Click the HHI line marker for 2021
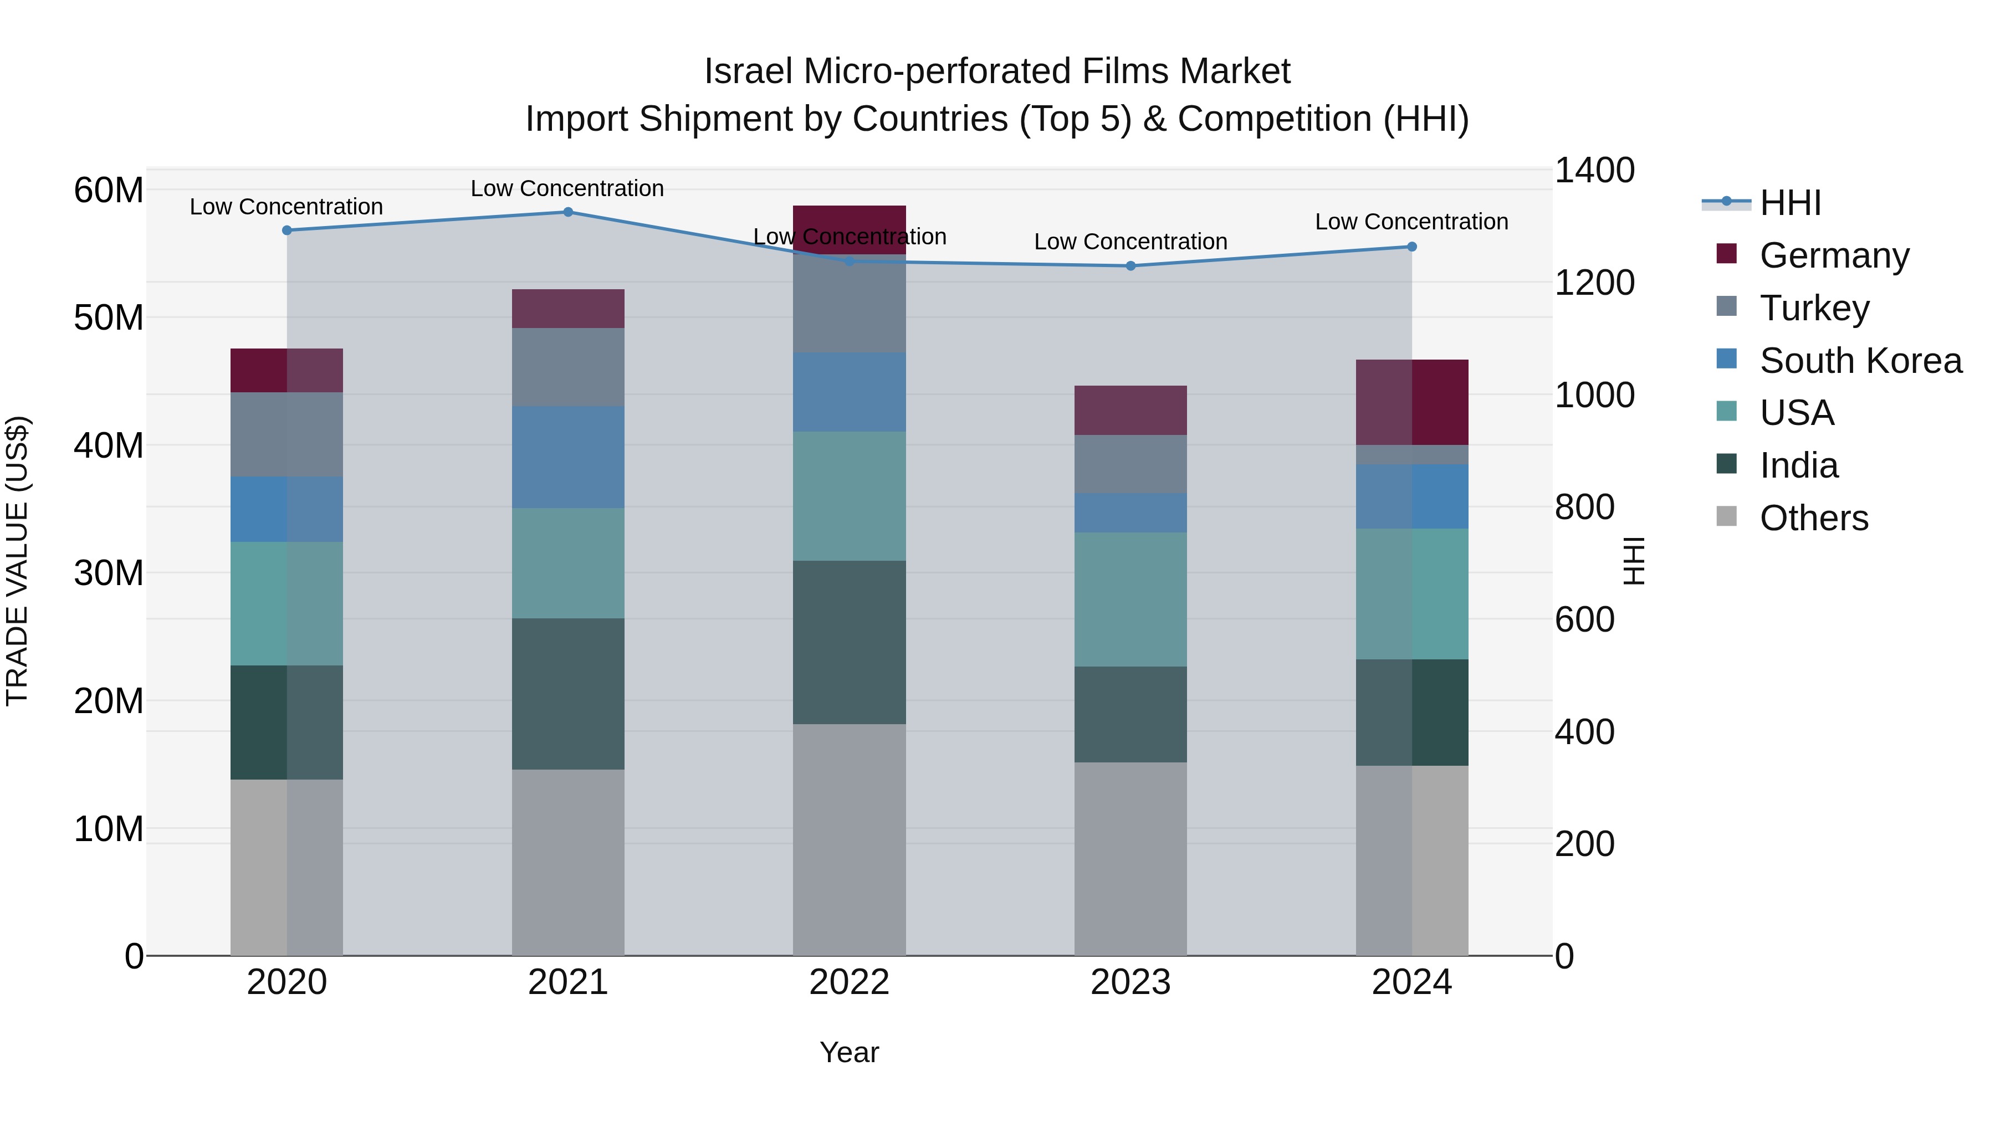click(x=567, y=212)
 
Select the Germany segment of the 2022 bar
click(x=849, y=229)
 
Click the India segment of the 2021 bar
click(x=567, y=693)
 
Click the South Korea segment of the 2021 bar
click(x=567, y=457)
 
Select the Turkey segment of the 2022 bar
click(x=849, y=304)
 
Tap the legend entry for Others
click(x=1813, y=518)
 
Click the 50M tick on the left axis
click(x=109, y=318)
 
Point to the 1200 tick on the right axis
click(x=1594, y=283)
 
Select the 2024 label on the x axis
click(x=1411, y=982)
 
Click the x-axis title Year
click(x=849, y=1052)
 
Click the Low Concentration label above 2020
click(x=287, y=207)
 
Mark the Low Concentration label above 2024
click(x=1411, y=222)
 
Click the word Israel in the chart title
click(x=748, y=72)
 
